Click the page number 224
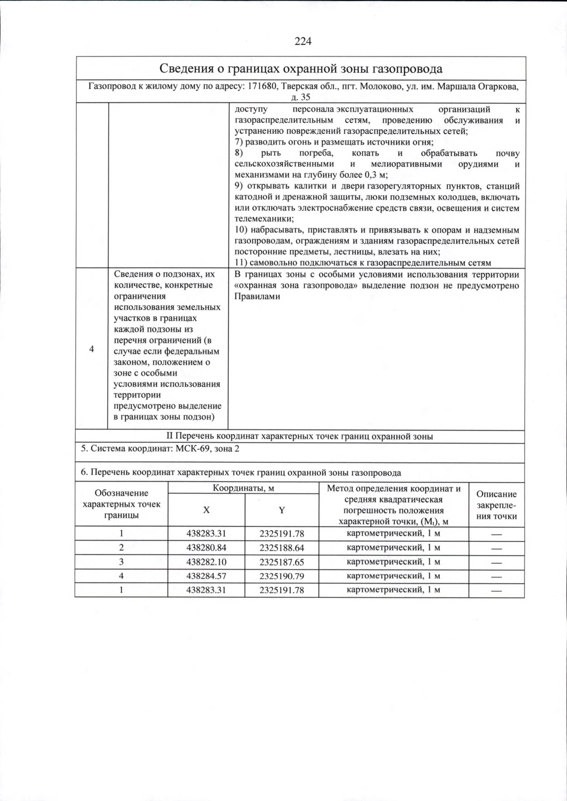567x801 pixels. coord(303,42)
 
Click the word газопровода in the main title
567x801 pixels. coord(407,69)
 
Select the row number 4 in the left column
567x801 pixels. coord(92,349)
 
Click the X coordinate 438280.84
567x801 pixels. coord(206,548)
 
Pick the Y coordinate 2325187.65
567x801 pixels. coord(282,562)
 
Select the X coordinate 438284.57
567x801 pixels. coord(206,576)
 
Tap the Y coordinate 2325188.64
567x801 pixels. coord(282,548)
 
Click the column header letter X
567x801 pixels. coord(206,510)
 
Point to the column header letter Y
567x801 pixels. coord(282,510)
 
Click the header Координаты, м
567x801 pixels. coord(243,488)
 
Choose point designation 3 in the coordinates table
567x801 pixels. coord(121,562)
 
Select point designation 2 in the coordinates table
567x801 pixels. coord(121,548)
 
